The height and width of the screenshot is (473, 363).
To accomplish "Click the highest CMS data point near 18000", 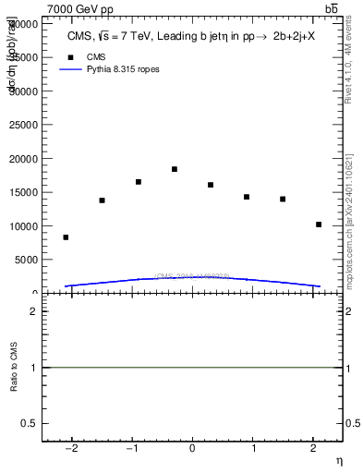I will click(174, 169).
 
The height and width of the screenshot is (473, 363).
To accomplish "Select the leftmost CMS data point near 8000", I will click(66, 237).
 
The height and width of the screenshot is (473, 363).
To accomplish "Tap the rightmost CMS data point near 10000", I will click(319, 224).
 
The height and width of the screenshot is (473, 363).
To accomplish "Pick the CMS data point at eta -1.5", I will click(102, 200).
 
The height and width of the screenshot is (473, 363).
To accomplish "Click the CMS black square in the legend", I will click(70, 56).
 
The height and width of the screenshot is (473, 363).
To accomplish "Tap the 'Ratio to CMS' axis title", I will click(14, 367).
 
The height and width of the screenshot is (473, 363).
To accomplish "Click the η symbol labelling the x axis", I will click(338, 459).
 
